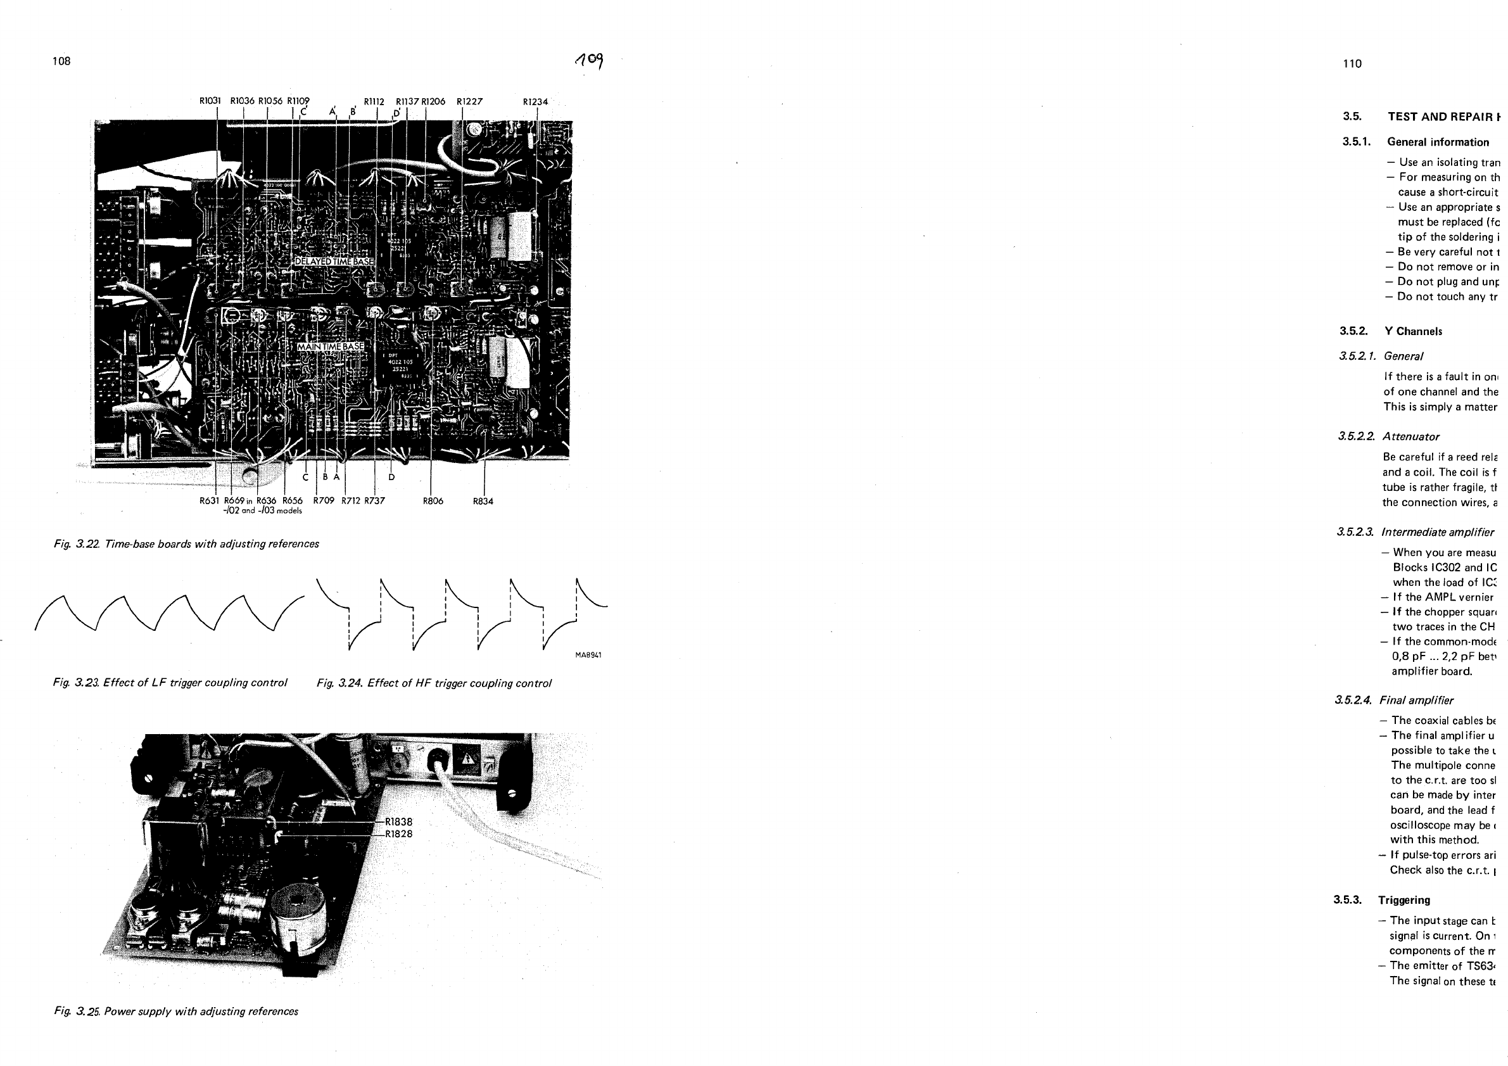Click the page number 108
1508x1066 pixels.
click(61, 61)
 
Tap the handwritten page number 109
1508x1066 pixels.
click(589, 60)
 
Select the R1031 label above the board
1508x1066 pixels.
click(210, 101)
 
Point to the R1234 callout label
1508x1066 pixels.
click(535, 102)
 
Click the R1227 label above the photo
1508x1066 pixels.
click(469, 101)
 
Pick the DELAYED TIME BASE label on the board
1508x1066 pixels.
click(334, 262)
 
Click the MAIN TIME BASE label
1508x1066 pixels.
click(331, 346)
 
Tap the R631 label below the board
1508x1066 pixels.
click(210, 500)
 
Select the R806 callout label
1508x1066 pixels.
click(433, 501)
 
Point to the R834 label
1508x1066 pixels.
click(483, 501)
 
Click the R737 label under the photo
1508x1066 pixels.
click(374, 500)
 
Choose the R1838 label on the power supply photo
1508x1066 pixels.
click(398, 822)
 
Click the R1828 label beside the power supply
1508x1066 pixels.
click(398, 834)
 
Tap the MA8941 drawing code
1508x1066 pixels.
click(588, 655)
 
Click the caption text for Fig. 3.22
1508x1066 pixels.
click(187, 544)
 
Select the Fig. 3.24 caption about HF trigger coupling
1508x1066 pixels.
click(434, 683)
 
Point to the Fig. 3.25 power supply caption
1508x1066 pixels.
click(176, 1012)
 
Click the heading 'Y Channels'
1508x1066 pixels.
click(1413, 331)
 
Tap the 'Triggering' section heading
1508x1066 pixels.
click(1403, 900)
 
